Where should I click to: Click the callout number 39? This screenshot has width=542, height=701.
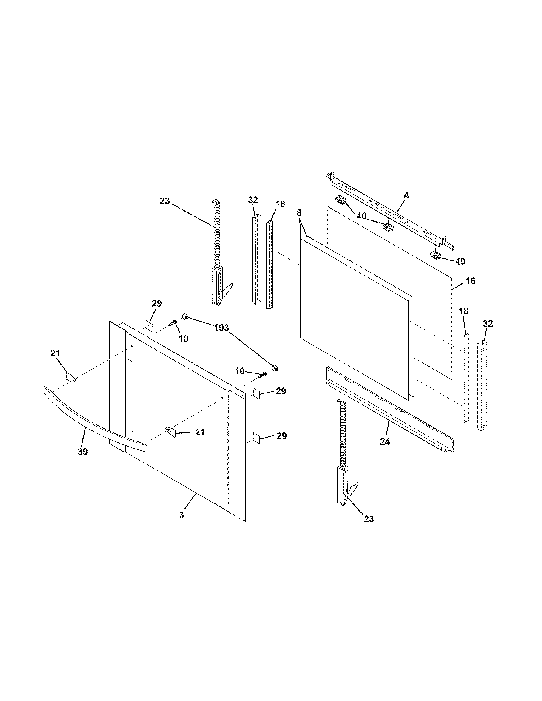tap(83, 452)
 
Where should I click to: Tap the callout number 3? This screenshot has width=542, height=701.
tap(182, 515)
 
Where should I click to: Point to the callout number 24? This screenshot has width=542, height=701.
tap(384, 441)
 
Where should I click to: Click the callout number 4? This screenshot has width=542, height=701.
tap(406, 195)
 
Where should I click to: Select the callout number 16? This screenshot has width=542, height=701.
tap(471, 281)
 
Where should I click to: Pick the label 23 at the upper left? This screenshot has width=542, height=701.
tap(165, 201)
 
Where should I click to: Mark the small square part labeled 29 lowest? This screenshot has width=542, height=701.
tap(257, 438)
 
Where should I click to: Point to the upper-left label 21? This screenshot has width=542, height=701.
tap(56, 353)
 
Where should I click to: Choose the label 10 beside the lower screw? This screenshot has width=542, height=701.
tap(240, 371)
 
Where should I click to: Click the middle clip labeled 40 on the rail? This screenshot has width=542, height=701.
tap(388, 226)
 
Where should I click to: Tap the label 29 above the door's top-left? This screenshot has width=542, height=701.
tap(156, 303)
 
